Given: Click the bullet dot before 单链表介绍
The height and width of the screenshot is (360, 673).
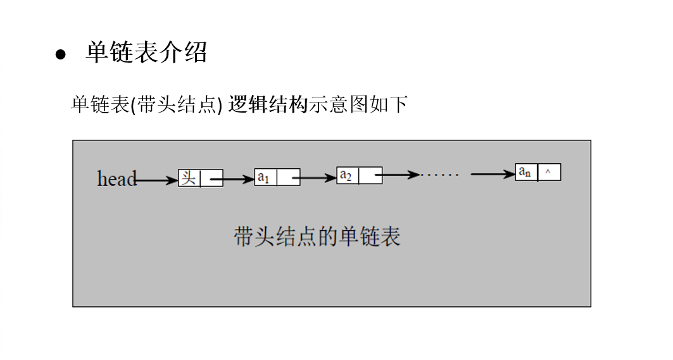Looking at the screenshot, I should pyautogui.click(x=61, y=54).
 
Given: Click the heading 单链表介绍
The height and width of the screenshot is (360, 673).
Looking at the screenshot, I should pyautogui.click(x=146, y=53).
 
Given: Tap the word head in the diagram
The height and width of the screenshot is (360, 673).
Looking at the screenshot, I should pyautogui.click(x=116, y=179).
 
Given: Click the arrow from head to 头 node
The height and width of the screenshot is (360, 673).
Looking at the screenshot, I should pyautogui.click(x=157, y=180).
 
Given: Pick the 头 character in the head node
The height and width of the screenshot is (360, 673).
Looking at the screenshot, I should pyautogui.click(x=189, y=178).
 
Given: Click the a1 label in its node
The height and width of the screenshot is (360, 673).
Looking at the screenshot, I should pyautogui.click(x=263, y=178).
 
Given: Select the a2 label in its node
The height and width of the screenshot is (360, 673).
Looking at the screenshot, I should pyautogui.click(x=346, y=175).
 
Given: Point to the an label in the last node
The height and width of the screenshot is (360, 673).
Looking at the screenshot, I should pyautogui.click(x=525, y=171).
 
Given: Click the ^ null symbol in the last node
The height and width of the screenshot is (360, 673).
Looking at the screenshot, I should pyautogui.click(x=548, y=171).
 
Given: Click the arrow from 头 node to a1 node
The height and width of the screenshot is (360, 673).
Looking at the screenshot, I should pyautogui.click(x=232, y=180).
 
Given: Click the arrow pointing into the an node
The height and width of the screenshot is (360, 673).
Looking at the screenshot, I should pyautogui.click(x=493, y=174).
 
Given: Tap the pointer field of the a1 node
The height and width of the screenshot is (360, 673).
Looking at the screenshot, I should pyautogui.click(x=288, y=178).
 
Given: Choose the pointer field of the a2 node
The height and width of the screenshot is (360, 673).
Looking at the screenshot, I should pyautogui.click(x=370, y=175).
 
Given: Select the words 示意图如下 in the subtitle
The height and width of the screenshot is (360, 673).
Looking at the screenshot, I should pyautogui.click(x=358, y=104).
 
